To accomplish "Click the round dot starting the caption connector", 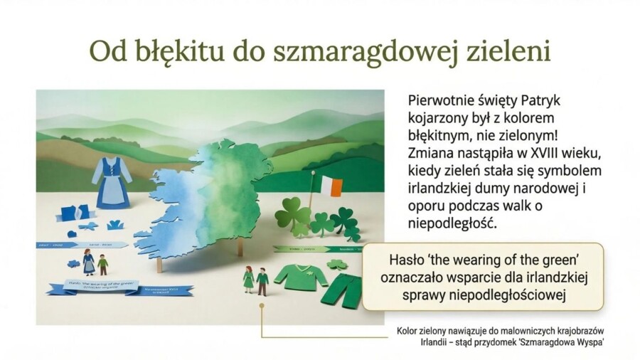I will click(262, 305).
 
